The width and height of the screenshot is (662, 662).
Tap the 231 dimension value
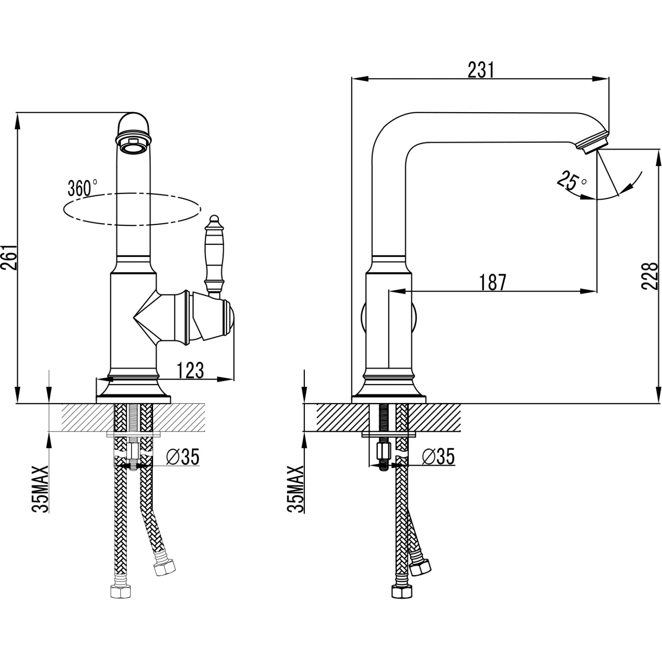tap(481, 70)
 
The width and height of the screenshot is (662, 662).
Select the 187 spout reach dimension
tap(493, 282)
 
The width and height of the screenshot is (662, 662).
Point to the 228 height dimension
tap(651, 276)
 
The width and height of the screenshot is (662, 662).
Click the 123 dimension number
tap(191, 370)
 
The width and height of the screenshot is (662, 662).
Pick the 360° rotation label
tap(83, 188)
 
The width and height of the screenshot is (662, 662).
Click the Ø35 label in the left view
tap(183, 457)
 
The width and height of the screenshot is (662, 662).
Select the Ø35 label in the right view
tap(438, 457)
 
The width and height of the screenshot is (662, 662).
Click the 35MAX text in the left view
tap(41, 488)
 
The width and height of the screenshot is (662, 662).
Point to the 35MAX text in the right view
tap(296, 488)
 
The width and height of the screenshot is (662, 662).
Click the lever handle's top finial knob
tap(214, 219)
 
